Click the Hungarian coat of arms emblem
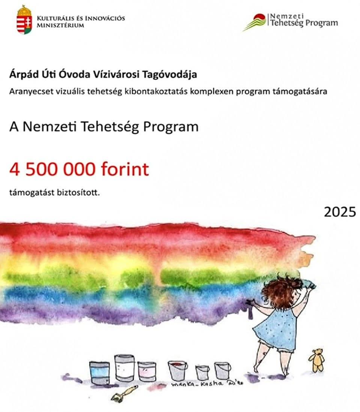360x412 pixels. [x=24, y=20]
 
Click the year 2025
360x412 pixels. [x=339, y=212]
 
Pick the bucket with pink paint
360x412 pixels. [x=146, y=371]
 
